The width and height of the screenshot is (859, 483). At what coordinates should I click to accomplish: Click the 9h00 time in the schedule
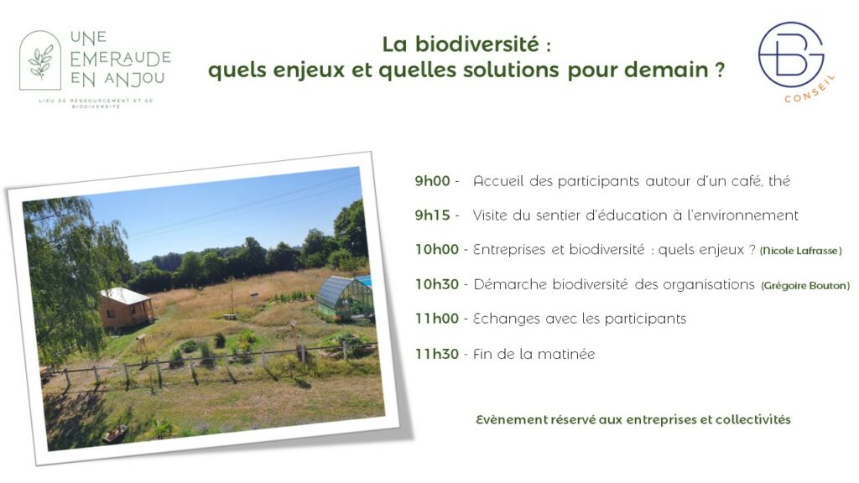coord(432,181)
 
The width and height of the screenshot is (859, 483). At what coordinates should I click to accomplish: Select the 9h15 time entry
coord(432,216)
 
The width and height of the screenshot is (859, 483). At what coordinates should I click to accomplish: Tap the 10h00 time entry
coord(436,250)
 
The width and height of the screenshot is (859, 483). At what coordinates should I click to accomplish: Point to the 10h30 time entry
coord(436,284)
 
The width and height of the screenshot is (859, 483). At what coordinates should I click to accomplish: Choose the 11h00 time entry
coord(436,319)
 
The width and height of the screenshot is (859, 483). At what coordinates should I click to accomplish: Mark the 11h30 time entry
coord(436,354)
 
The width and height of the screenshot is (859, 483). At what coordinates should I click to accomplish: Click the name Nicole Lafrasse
coord(800,251)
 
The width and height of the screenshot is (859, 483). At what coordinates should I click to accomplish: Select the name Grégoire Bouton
coord(805,285)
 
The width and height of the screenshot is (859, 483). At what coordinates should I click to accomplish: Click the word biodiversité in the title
coord(476,44)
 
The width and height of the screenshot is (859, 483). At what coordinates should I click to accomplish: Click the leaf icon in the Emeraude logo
coord(40,62)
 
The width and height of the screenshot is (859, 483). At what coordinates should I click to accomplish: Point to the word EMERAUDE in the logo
coord(121,59)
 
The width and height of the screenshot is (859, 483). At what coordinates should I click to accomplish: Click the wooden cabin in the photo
coord(126,308)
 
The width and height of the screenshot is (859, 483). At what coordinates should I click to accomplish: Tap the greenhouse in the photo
coord(345,298)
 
